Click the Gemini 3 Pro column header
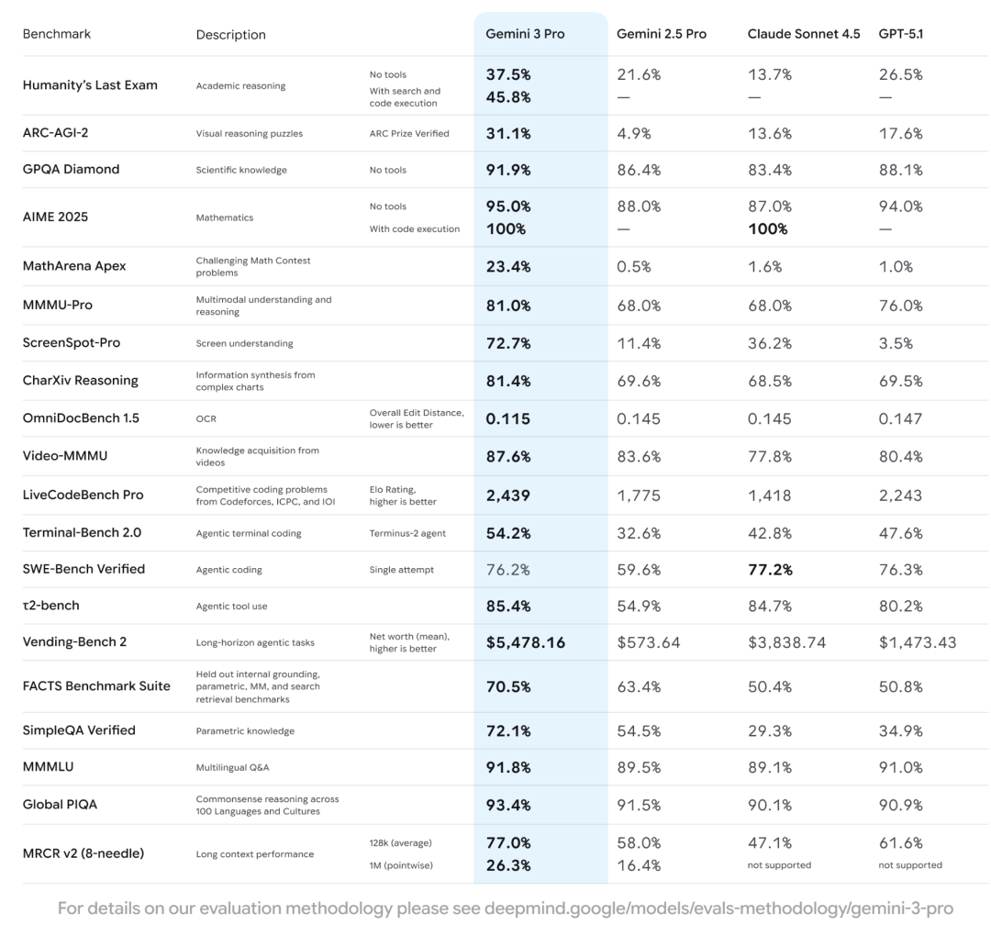525,34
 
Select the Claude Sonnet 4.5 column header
804,34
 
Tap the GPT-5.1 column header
901,34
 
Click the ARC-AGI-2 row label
56,133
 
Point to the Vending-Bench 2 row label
74,641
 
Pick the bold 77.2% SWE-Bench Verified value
770,569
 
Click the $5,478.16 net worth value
526,642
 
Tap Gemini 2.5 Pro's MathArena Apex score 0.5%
634,266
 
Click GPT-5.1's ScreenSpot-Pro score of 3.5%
896,343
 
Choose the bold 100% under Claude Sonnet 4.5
768,228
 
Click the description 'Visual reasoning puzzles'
249,134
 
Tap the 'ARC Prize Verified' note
409,134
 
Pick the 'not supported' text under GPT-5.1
910,865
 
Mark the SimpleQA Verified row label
79,730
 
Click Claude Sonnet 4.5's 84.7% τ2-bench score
770,606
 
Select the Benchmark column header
57,34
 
